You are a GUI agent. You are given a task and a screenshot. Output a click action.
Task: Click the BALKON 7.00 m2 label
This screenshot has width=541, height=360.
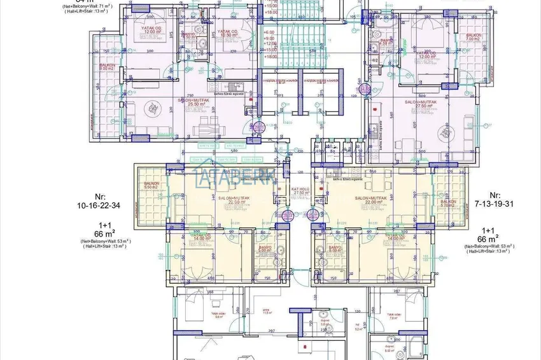473,38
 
